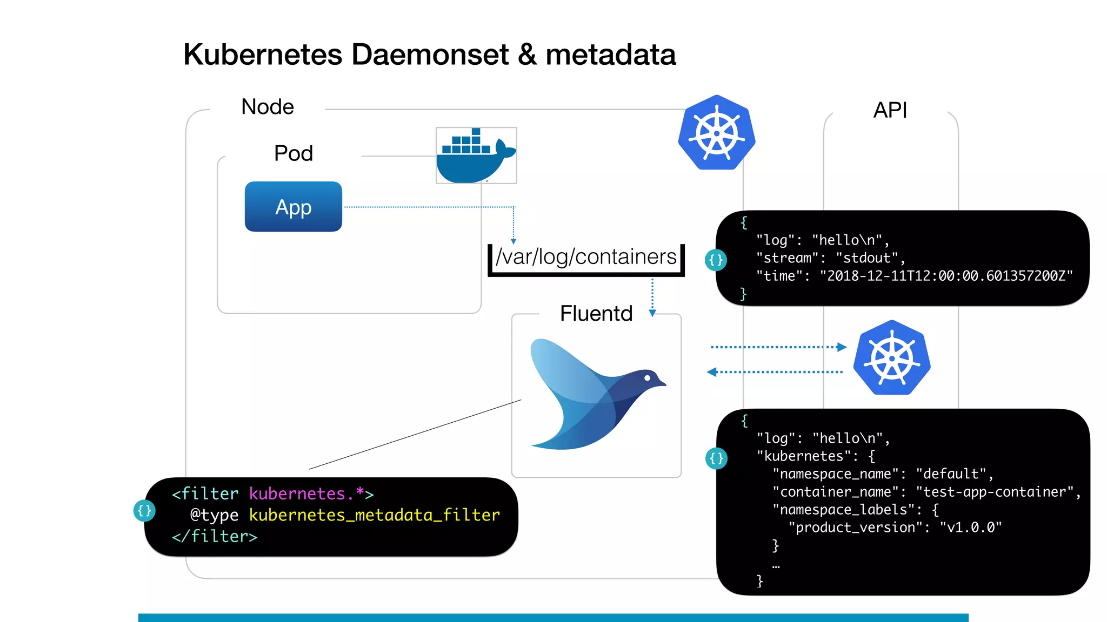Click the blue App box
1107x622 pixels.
(x=293, y=207)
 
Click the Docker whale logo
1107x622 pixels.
(x=475, y=156)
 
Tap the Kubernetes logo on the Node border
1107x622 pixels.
(x=716, y=133)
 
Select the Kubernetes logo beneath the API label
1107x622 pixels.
(x=892, y=358)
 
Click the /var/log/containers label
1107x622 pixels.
(x=586, y=257)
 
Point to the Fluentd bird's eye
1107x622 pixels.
(x=647, y=378)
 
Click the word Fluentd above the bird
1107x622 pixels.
(x=596, y=314)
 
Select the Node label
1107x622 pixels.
(x=267, y=107)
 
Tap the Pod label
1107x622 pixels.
(x=293, y=153)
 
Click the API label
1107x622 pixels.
(x=890, y=110)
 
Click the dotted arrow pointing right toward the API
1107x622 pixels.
(x=778, y=347)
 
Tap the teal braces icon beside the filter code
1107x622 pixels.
(x=144, y=511)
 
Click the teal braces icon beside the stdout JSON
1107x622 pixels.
(x=716, y=260)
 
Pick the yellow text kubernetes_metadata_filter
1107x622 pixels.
(x=374, y=515)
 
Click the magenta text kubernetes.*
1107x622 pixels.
(x=306, y=493)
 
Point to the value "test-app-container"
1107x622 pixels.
(x=995, y=492)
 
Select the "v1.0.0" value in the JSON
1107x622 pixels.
(x=970, y=528)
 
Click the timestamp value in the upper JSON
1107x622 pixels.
(x=946, y=276)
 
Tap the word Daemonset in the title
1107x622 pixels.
(x=430, y=55)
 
